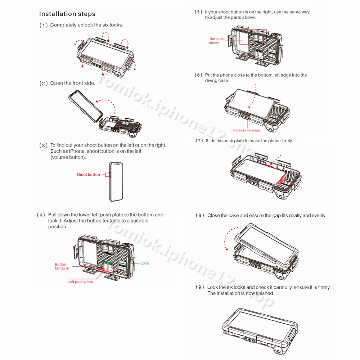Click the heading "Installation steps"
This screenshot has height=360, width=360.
coord(67,14)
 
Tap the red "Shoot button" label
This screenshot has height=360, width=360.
coord(88,175)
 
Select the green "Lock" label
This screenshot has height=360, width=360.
coord(145,263)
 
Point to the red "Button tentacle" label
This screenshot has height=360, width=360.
coord(62,266)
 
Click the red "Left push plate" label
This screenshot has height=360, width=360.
coord(80,282)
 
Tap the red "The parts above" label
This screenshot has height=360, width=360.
coord(216,41)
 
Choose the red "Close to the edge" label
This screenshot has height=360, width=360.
coord(247,130)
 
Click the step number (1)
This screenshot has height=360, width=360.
coord(44,25)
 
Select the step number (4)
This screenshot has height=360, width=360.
coord(41,215)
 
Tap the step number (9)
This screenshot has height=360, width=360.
coord(200,287)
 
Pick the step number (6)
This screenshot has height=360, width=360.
coord(199,75)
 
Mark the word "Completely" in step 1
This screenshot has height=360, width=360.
coord(63,25)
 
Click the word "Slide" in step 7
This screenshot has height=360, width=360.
coord(211,141)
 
